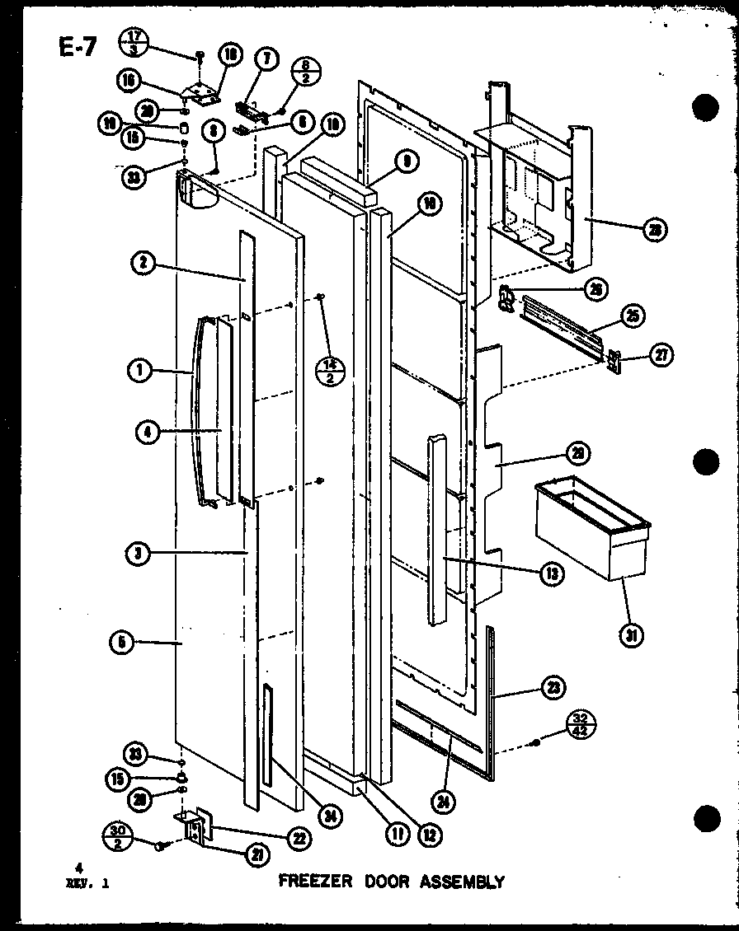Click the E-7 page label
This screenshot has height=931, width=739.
coord(78,45)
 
